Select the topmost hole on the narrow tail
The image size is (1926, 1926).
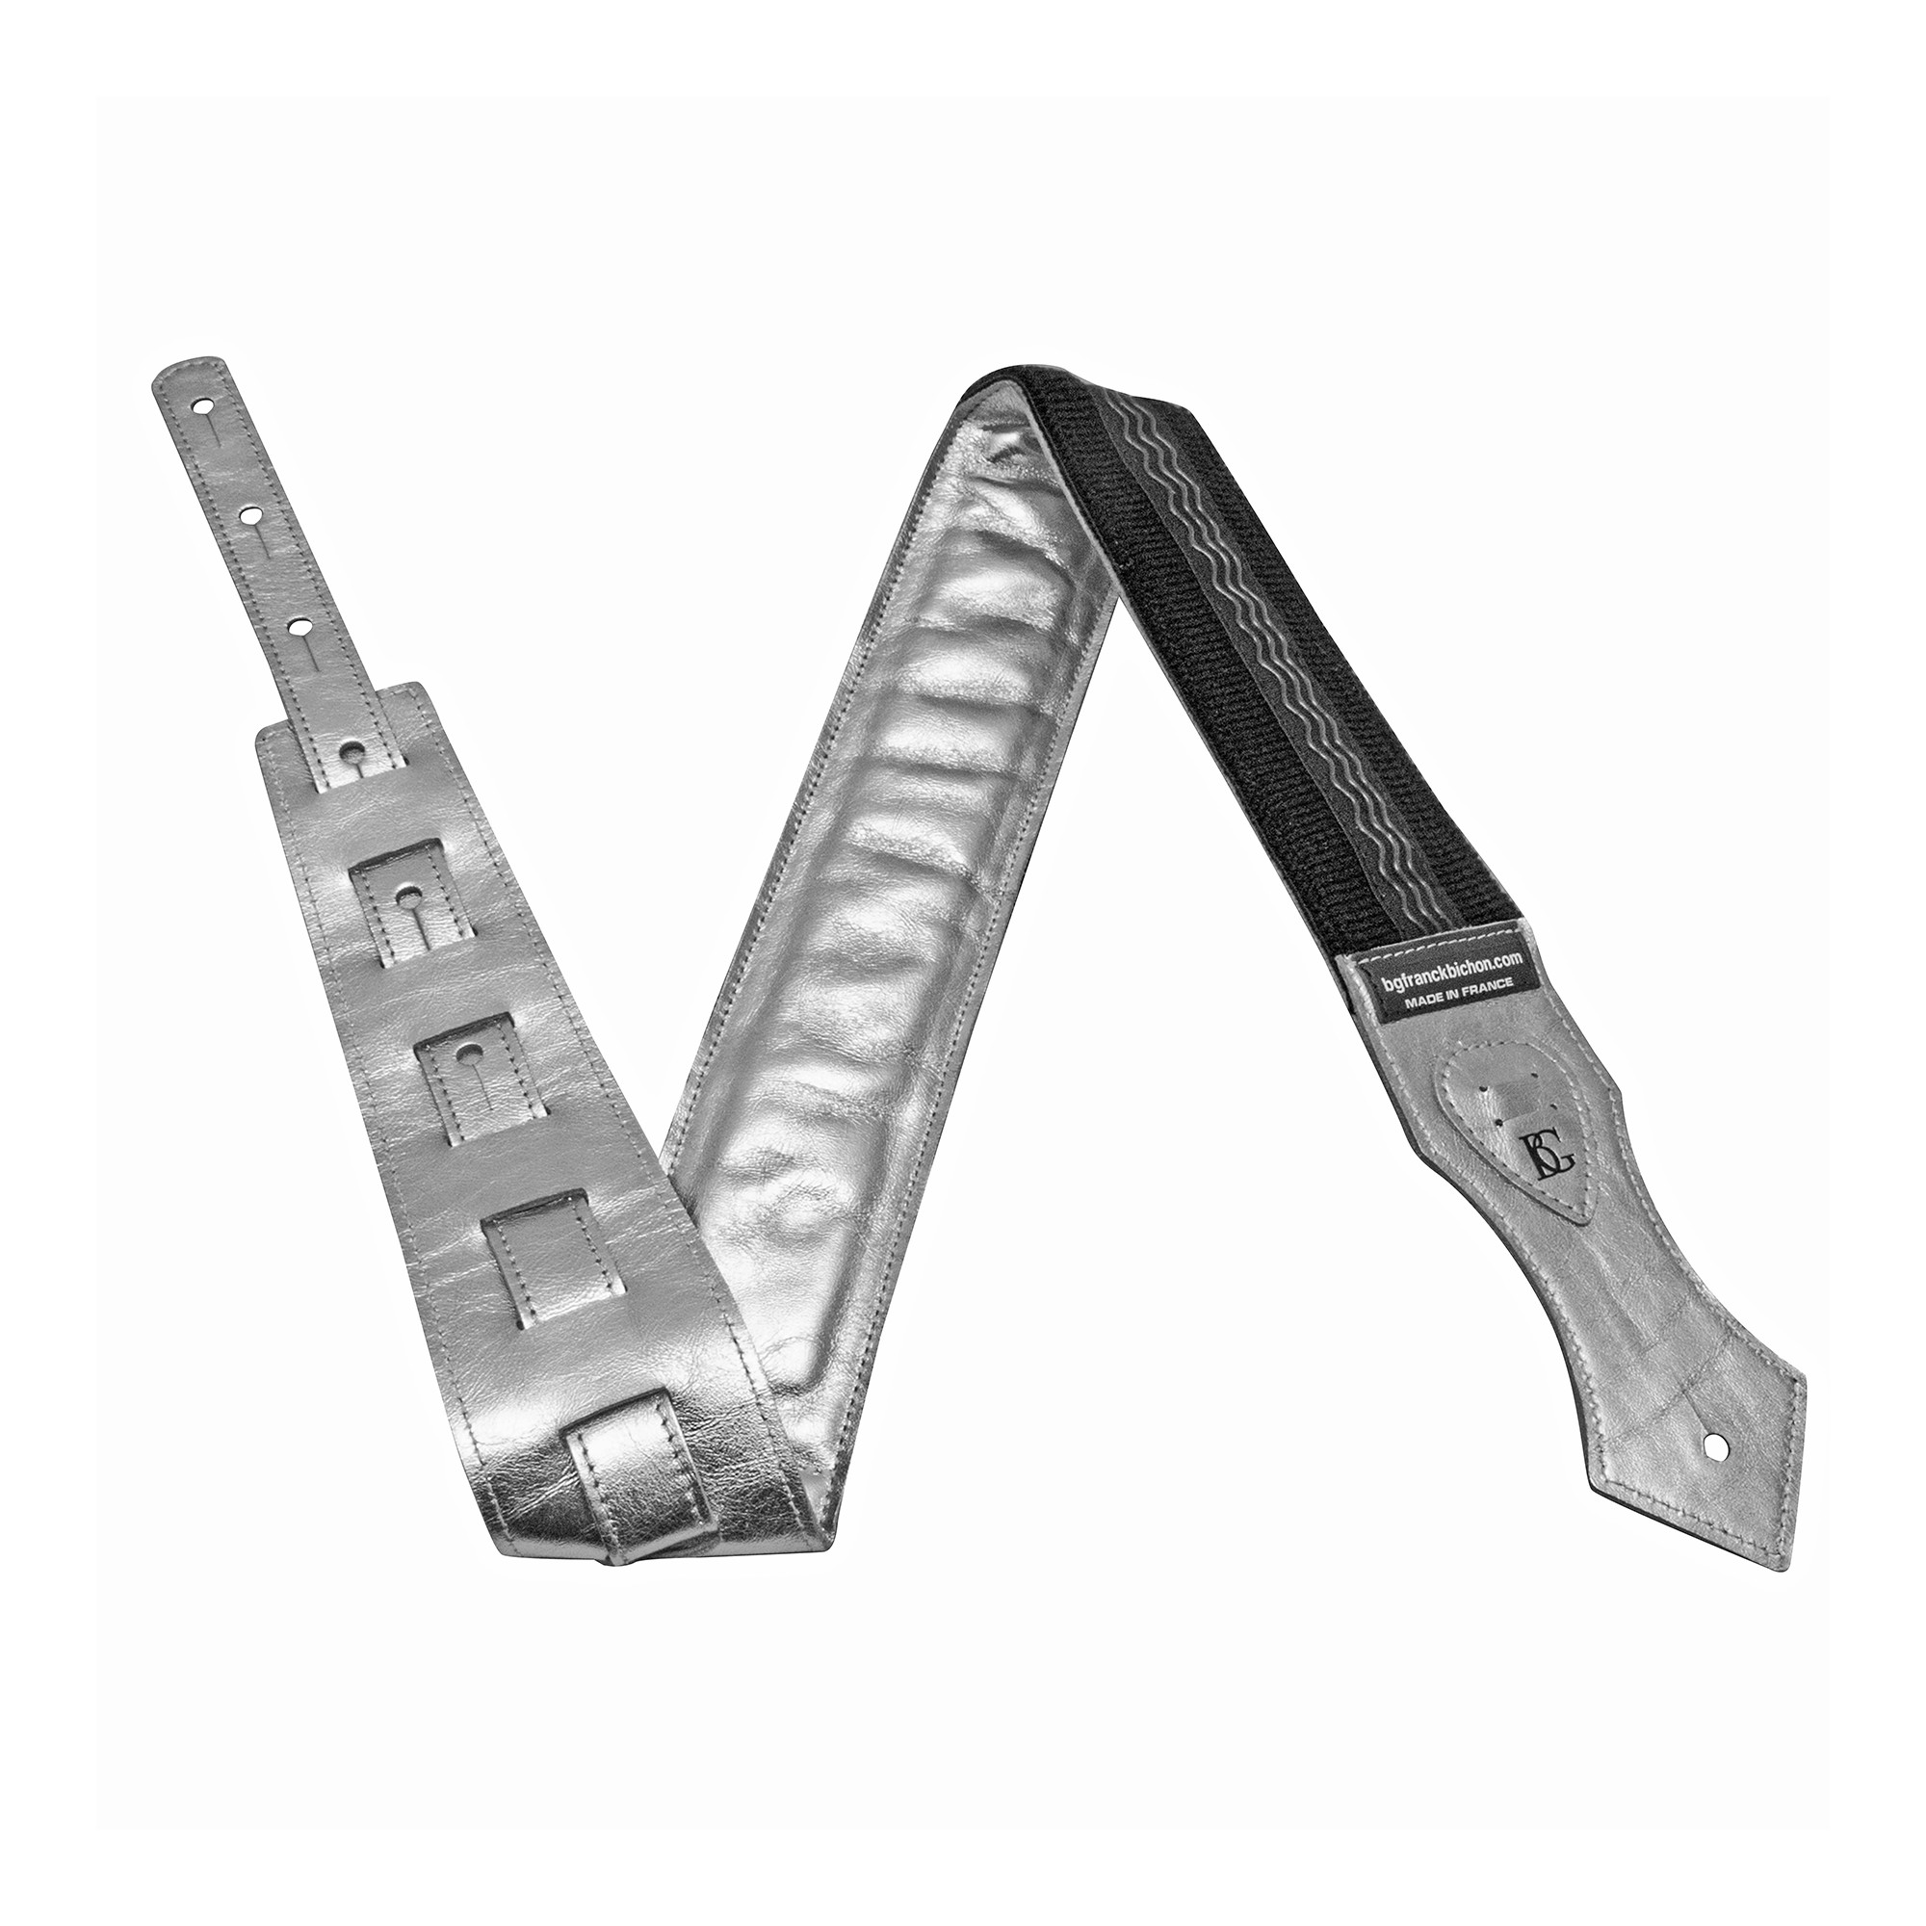click(x=203, y=406)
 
